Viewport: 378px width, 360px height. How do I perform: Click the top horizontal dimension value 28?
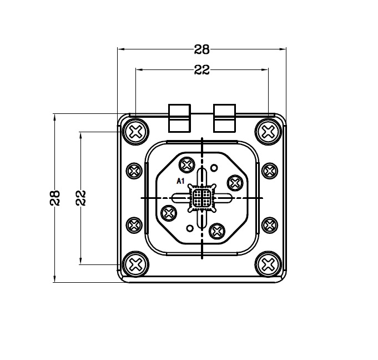tap(202, 49)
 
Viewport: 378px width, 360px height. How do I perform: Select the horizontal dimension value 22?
tap(202, 70)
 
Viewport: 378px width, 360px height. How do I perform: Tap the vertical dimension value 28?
tap(55, 198)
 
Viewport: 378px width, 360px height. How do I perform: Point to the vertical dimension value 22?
tap(81, 198)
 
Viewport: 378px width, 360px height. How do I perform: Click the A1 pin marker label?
tap(180, 181)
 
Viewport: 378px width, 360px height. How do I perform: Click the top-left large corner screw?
tap(135, 132)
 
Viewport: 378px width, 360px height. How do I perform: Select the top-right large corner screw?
tap(268, 132)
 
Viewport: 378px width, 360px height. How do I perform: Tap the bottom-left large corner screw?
tap(135, 264)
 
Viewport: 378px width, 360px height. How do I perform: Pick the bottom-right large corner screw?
tap(268, 264)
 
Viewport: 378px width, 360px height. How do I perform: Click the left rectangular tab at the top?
tap(179, 118)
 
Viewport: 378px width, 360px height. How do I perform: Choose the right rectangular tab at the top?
tap(224, 118)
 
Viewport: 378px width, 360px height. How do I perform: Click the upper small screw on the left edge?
tap(134, 171)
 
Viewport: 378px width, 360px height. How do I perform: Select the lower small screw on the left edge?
tap(134, 226)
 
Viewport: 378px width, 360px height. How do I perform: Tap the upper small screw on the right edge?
tap(270, 171)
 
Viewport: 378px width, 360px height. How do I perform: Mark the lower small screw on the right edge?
tap(270, 226)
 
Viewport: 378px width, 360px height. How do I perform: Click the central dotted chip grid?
tap(202, 198)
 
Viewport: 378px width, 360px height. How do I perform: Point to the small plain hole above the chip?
tap(214, 168)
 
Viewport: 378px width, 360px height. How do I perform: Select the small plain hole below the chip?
tap(190, 228)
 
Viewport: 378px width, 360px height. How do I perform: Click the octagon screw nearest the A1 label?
tap(187, 165)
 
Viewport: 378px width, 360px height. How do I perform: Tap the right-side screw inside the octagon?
tap(235, 183)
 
